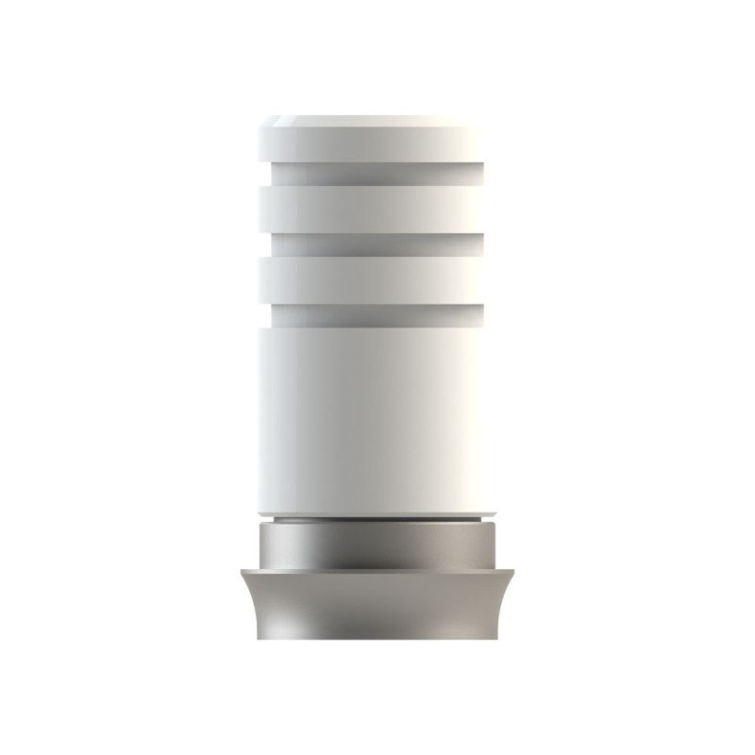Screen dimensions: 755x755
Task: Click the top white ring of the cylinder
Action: (x=368, y=140)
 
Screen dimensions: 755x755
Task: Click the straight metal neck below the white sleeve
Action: (x=377, y=545)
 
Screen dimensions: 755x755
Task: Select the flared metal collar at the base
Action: (x=377, y=604)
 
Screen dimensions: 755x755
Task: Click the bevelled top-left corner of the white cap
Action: (x=264, y=122)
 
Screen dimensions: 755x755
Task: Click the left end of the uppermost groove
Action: (x=276, y=174)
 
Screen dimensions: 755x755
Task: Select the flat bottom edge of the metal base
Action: (x=377, y=639)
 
